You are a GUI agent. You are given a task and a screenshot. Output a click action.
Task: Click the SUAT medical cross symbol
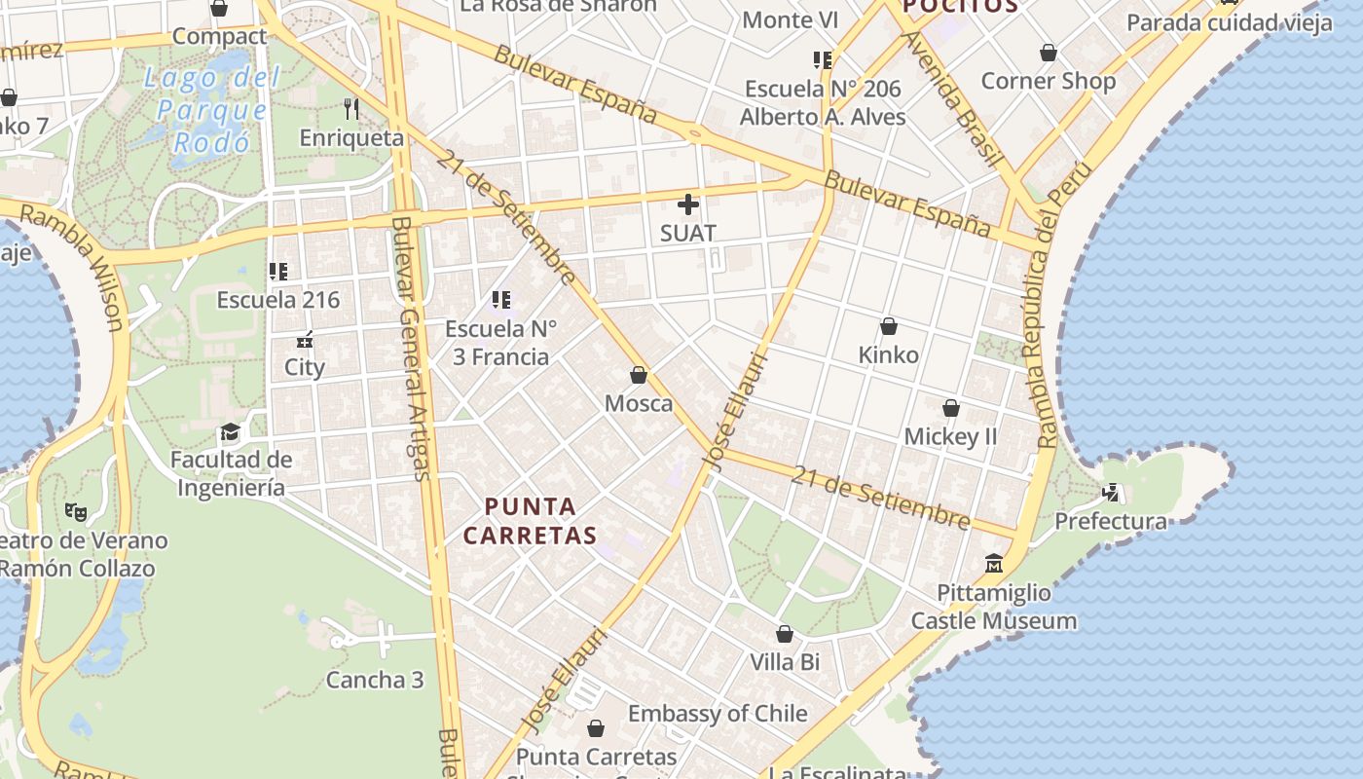pos(688,204)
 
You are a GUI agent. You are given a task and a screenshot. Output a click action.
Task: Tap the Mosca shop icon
pos(639,375)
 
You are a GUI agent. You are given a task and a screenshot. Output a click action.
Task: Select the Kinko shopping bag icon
pos(888,326)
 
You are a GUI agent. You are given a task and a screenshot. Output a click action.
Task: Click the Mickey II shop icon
pos(950,408)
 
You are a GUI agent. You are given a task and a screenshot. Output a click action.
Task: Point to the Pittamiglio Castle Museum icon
pos(993,564)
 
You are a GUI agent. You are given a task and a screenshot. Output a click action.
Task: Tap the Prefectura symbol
pos(1111,493)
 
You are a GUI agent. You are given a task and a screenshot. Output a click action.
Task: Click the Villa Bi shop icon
pos(784,634)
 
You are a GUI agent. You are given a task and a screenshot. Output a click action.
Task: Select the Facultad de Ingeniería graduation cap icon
pos(230,431)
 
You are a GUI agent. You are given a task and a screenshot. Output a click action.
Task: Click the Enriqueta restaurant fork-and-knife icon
pos(351,109)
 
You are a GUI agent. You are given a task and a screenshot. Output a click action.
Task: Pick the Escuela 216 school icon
pos(278,272)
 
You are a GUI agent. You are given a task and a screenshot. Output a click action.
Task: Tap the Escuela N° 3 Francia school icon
pos(501,300)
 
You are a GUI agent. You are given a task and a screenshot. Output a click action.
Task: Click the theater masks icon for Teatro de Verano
pos(75,511)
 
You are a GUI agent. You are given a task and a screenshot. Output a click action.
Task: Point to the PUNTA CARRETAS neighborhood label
pos(531,521)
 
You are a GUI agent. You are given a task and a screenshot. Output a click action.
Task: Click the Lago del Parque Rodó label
pos(211,110)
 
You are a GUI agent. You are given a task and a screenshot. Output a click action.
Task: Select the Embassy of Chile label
pos(718,714)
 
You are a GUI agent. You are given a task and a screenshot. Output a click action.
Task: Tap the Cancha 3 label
pos(375,680)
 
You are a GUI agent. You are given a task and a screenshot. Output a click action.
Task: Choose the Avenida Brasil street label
pos(951,97)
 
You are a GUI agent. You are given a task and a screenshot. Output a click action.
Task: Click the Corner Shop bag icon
pos(1049,53)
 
